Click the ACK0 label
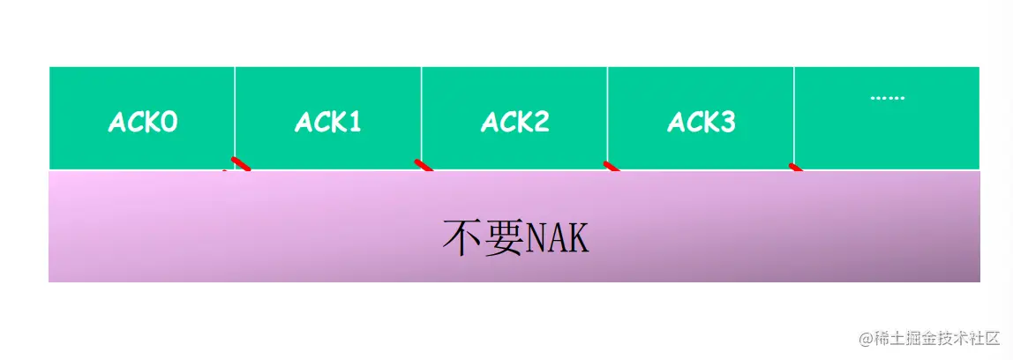tap(142, 122)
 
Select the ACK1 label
tap(328, 122)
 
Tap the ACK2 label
tap(514, 122)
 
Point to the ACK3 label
tap(702, 122)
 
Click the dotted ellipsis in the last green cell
tap(887, 97)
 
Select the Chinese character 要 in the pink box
tap(504, 238)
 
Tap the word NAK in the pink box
tap(557, 238)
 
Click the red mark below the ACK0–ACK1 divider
tap(240, 164)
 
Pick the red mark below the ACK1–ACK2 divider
tap(424, 165)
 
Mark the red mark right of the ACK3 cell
tap(796, 167)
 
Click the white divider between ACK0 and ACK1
tap(235, 115)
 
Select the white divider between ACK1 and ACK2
tap(421, 115)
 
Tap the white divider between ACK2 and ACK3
tap(608, 115)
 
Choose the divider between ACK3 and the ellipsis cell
tap(794, 115)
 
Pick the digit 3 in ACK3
tap(727, 122)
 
